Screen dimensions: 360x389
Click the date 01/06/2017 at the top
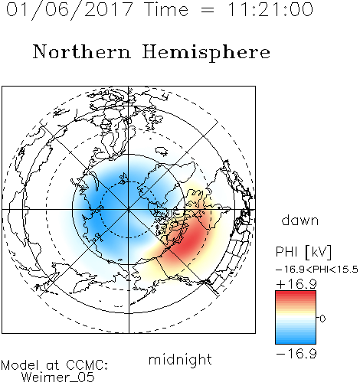70,10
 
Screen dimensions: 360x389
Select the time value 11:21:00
270,10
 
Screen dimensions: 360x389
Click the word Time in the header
166,10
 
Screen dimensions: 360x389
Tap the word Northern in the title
82,51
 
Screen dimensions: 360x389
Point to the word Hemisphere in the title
206,53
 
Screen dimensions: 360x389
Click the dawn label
299,221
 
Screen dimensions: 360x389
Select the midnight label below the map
180,360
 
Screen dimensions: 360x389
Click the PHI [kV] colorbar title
303,252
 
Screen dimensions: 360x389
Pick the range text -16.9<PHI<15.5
317,270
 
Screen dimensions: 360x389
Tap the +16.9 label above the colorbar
296,284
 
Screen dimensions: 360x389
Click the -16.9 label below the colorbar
296,354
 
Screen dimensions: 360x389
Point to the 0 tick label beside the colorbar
322,319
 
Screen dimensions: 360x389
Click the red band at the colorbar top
296,294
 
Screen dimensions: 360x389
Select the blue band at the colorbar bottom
296,340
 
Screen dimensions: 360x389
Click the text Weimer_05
58,378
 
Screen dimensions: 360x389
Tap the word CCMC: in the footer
87,365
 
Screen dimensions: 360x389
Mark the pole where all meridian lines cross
129,210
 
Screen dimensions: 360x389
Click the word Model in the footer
20,365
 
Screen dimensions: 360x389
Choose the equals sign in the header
208,10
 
